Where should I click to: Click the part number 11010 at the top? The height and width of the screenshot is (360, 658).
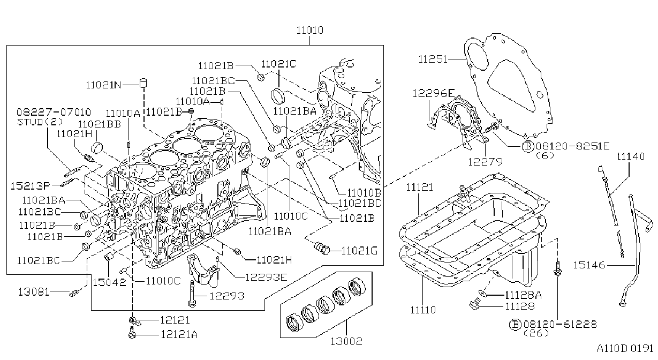point(309,30)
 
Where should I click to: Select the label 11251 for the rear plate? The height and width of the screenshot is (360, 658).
point(433,59)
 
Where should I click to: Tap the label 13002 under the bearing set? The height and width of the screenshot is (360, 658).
point(346,341)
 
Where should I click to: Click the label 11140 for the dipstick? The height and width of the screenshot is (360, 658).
point(630,156)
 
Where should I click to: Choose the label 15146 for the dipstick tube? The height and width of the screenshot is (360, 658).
point(589,265)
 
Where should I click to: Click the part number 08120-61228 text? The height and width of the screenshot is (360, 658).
point(560,324)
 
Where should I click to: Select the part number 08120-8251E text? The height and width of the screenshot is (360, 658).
point(572,146)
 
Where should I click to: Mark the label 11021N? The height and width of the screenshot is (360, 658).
point(103,85)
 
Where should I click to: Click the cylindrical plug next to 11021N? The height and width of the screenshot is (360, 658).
point(143,83)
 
